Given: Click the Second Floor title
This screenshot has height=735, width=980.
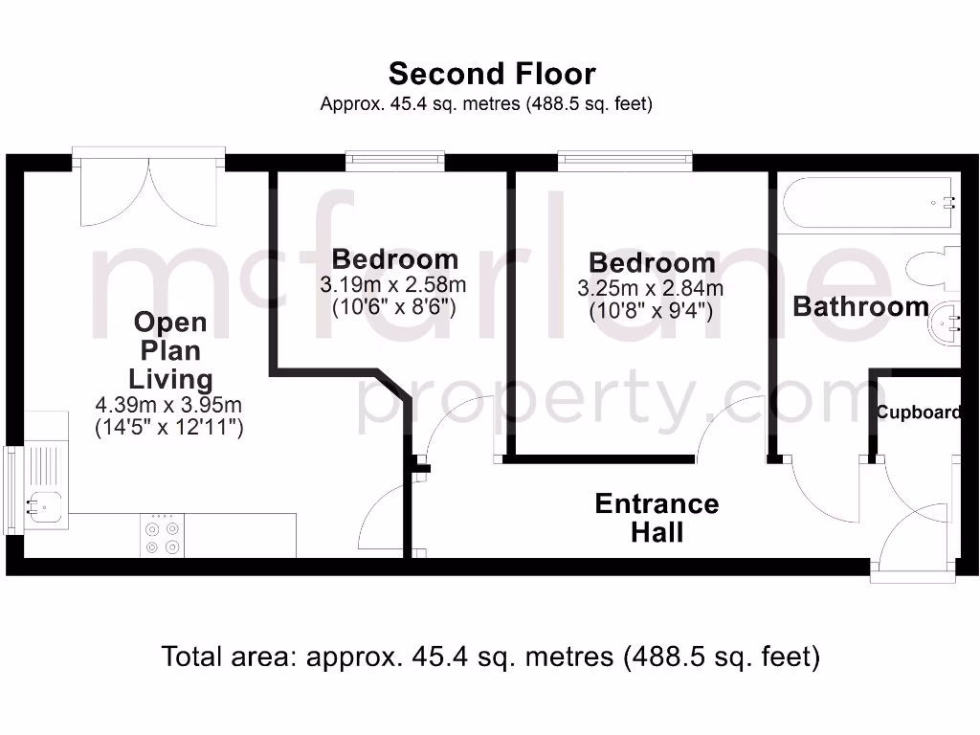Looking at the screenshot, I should (491, 74).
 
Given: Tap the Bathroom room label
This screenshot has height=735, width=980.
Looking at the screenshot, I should (860, 307).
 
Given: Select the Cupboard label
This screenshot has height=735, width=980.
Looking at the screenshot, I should (919, 412).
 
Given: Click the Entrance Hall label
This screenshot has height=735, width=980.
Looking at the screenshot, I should (657, 518).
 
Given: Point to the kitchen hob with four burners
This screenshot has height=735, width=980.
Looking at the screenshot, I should (161, 536).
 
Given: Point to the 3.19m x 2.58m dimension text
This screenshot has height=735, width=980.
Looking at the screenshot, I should (394, 285).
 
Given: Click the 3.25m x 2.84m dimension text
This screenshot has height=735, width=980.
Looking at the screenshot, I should (650, 288).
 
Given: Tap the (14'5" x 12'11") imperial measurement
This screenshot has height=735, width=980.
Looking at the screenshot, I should (168, 428).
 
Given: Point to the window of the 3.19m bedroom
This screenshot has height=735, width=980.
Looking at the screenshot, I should (394, 162).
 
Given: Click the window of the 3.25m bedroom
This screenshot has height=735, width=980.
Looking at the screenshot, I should (625, 162).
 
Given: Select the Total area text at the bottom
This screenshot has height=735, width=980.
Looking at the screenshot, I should (491, 657).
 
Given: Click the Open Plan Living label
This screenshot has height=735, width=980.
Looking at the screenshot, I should (170, 349).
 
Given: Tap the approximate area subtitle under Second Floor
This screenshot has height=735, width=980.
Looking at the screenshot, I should (486, 104).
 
